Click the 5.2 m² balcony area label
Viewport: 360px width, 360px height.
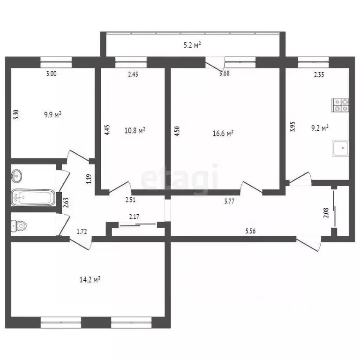coord(191,45)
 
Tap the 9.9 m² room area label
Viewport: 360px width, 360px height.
coord(53,114)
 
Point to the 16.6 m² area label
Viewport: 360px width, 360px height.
coord(223,134)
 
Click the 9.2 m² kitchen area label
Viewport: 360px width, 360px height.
coord(318,127)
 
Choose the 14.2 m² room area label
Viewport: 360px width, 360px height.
coord(90,280)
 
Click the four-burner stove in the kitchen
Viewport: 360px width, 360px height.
coord(340,105)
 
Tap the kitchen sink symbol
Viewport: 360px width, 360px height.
coord(340,149)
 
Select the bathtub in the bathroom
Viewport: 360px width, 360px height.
coord(33,197)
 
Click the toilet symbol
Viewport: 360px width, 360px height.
coord(19,226)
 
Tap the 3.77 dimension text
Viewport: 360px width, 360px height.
coord(230,202)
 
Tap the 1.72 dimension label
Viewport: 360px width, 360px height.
coord(82,231)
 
